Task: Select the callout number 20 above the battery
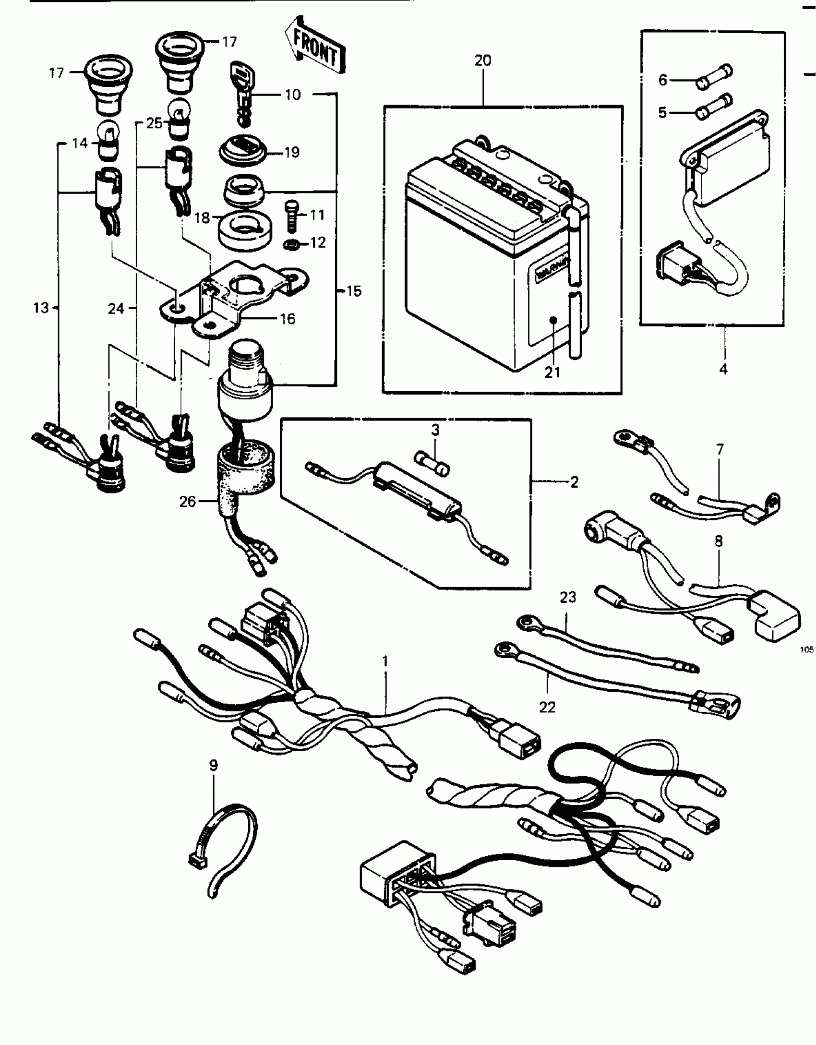tap(483, 61)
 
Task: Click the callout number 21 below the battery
tap(552, 372)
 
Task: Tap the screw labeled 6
tap(714, 78)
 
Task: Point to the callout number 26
tap(188, 502)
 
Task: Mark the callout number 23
tap(568, 598)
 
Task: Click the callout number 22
tap(547, 707)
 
